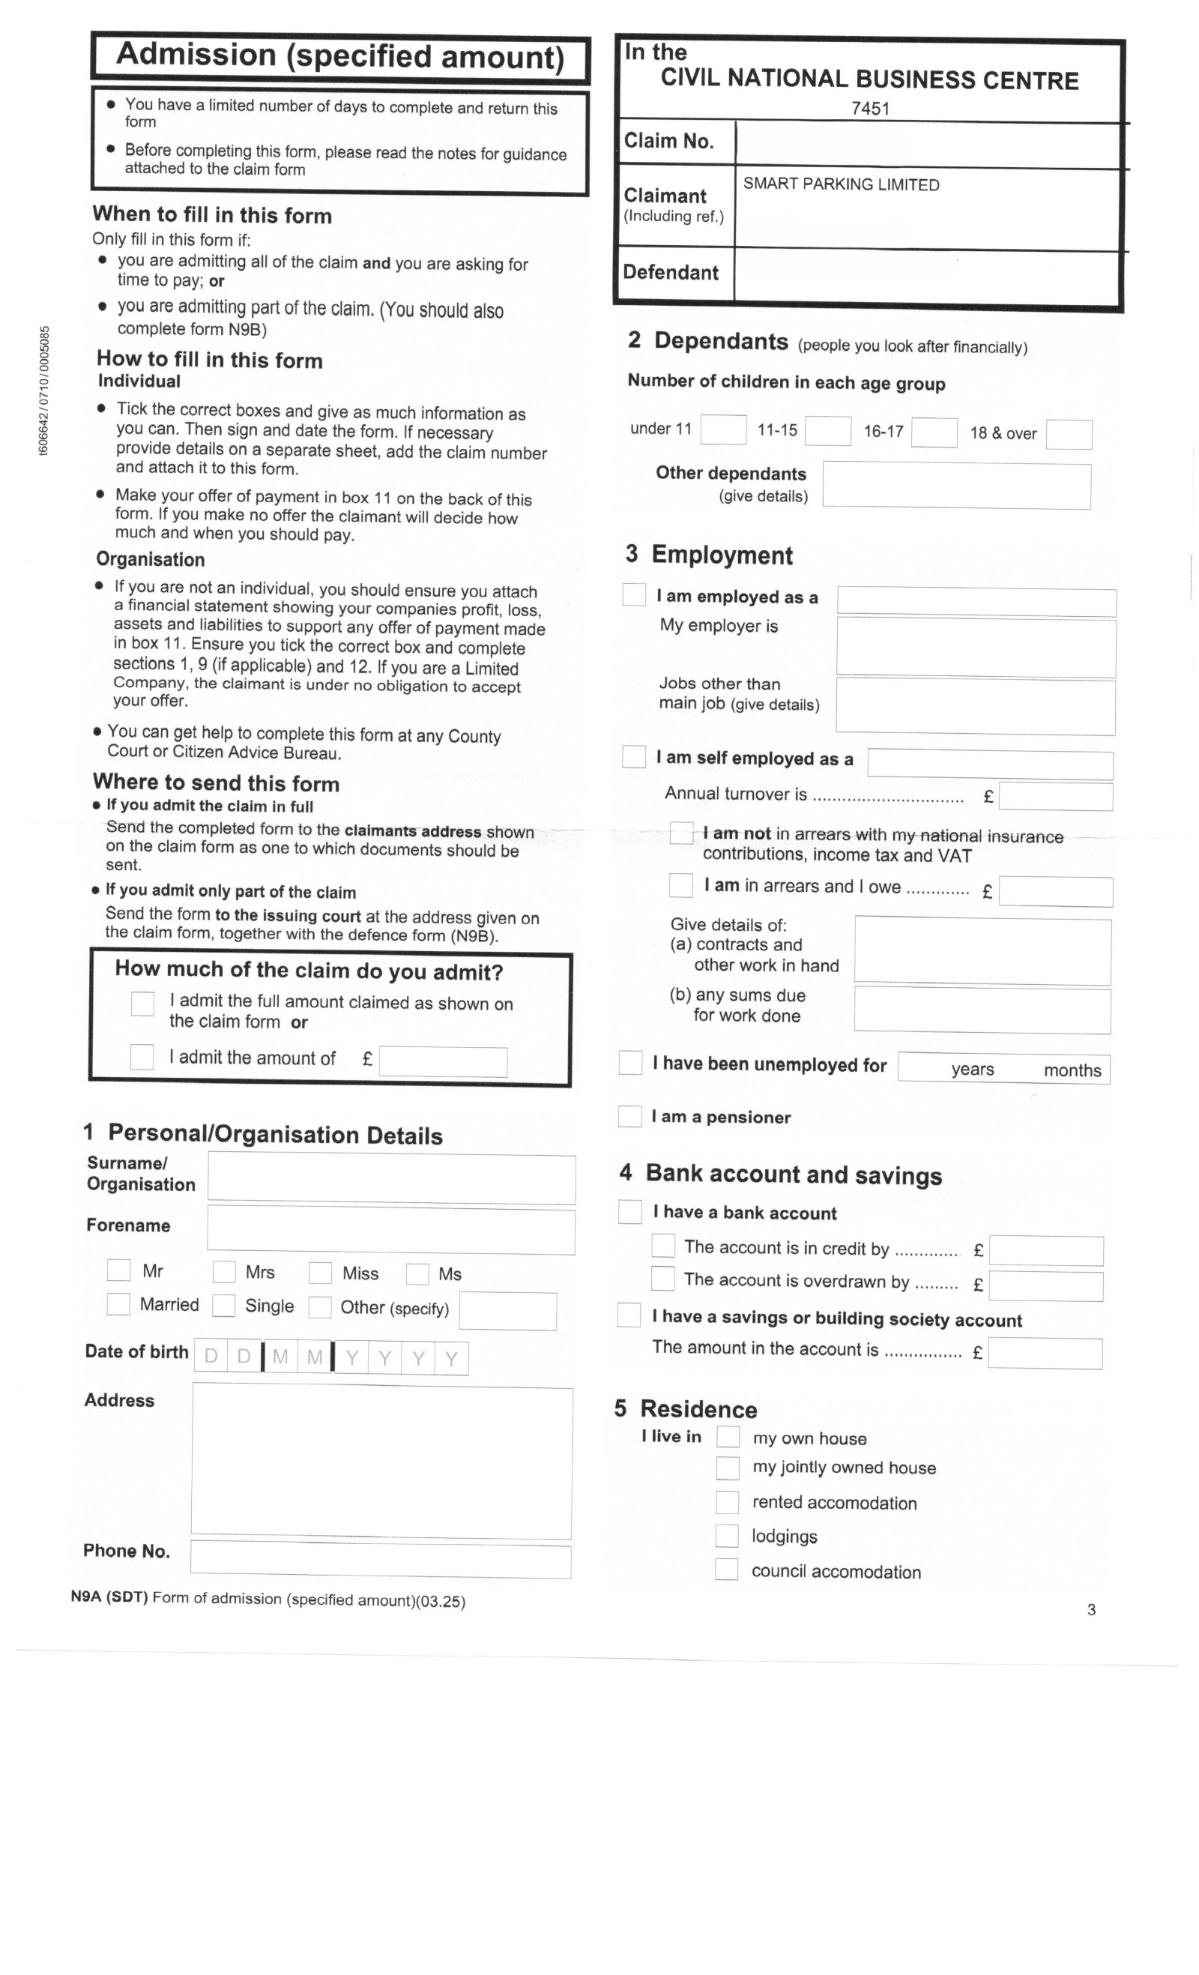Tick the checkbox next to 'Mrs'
click(x=223, y=1271)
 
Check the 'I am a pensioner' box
click(x=630, y=1116)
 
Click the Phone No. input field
click(x=381, y=1559)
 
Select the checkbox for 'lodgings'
click(x=727, y=1535)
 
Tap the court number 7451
click(x=870, y=108)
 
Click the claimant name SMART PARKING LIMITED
click(x=841, y=184)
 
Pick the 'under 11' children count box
click(x=723, y=429)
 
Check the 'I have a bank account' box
click(x=630, y=1211)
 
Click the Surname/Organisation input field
click(x=391, y=1178)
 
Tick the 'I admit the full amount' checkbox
click(x=142, y=1004)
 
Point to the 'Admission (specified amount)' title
click(x=341, y=56)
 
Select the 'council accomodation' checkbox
click(x=727, y=1569)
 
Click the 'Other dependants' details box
click(x=956, y=485)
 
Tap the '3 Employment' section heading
click(x=710, y=555)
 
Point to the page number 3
click(x=1091, y=1609)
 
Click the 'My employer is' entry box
click(x=976, y=648)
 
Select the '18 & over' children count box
click(x=1069, y=435)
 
